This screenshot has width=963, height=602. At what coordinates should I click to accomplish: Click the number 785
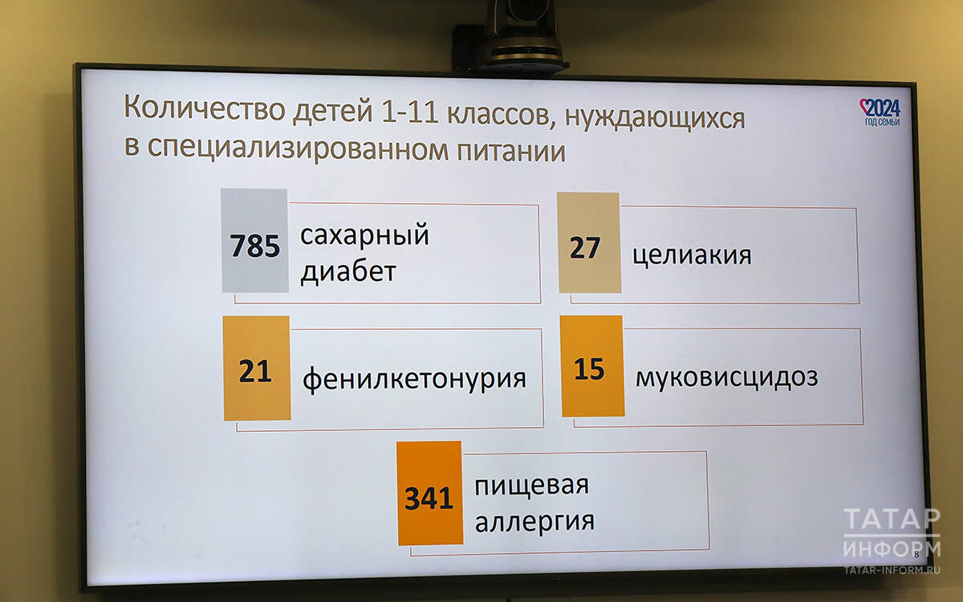(x=255, y=246)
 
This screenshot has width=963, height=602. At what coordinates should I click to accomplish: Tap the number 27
(x=585, y=248)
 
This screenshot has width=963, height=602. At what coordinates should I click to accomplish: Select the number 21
(x=255, y=371)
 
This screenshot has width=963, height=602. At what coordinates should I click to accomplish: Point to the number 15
(x=589, y=369)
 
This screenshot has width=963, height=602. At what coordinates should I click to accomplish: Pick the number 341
(x=429, y=498)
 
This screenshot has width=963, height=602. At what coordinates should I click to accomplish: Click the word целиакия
(x=692, y=256)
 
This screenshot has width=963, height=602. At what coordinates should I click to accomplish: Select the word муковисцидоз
(x=726, y=378)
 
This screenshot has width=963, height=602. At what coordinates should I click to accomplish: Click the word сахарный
(x=364, y=236)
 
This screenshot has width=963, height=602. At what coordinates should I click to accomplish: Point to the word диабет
(x=348, y=271)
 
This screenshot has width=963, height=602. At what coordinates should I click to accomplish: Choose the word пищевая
(x=531, y=486)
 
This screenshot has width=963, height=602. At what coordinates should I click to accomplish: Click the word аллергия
(x=534, y=523)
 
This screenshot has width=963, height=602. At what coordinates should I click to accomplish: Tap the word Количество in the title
(x=205, y=108)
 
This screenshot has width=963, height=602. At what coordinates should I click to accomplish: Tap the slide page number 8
(x=916, y=555)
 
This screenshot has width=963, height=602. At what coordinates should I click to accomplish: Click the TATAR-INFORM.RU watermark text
(x=892, y=570)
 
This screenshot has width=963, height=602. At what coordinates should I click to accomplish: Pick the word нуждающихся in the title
(x=655, y=118)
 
